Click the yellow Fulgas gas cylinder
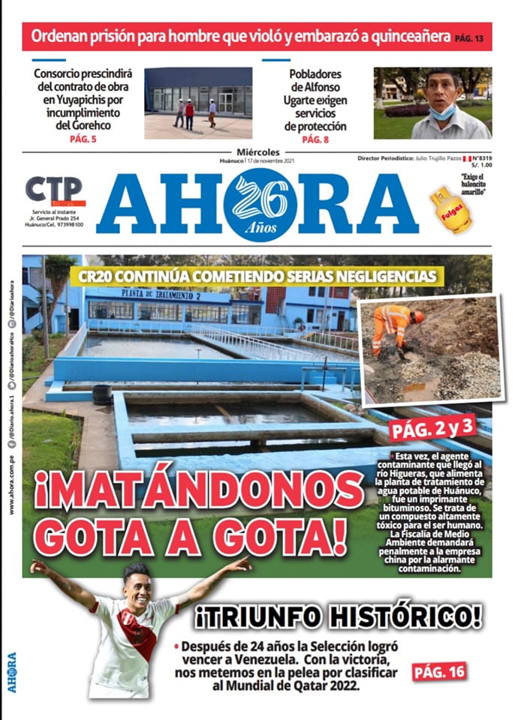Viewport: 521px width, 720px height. tap(450, 210)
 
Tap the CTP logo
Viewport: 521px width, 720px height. tap(54, 190)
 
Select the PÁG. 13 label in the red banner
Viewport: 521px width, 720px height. tap(470, 37)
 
